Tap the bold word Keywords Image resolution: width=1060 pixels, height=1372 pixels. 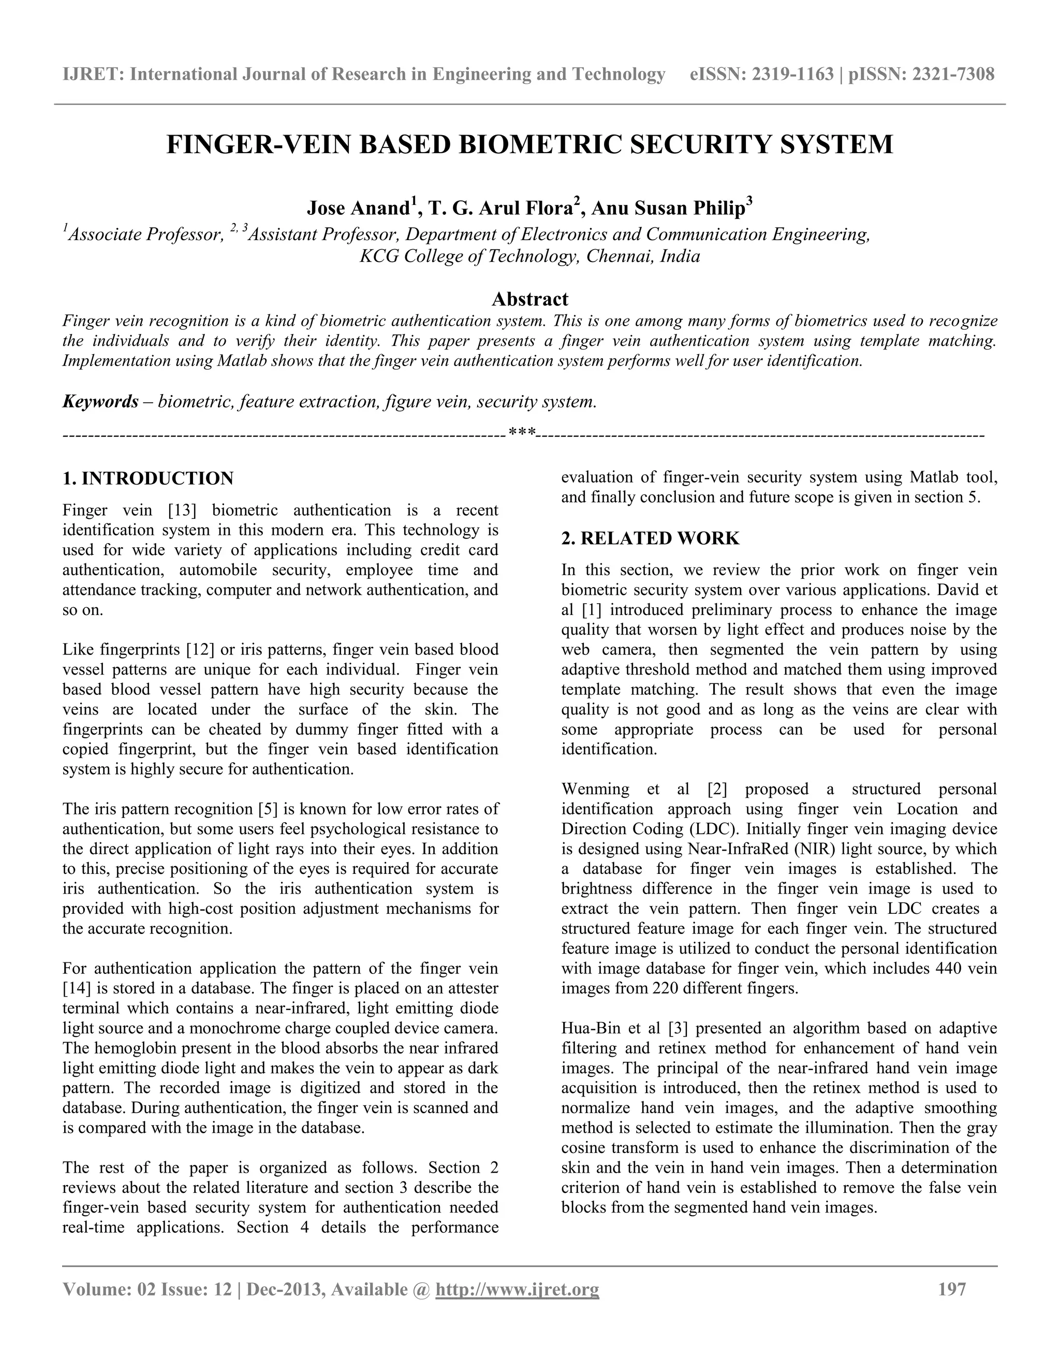click(100, 401)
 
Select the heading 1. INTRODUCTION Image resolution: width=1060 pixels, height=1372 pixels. click(148, 479)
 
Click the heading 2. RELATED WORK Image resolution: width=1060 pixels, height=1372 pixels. click(650, 538)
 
